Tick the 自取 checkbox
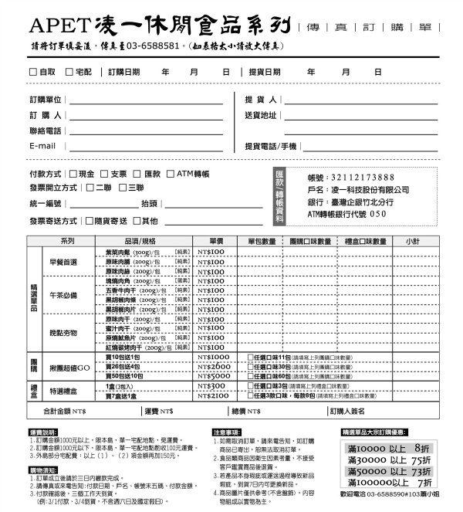point(33,72)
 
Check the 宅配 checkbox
point(69,72)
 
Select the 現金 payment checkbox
point(73,174)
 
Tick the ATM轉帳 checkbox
point(171,174)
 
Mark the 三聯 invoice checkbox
point(122,188)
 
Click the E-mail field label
point(42,146)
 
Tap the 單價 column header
point(216,241)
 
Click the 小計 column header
point(412,241)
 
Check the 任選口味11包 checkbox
point(250,358)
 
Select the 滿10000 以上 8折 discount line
point(389,448)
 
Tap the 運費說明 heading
point(42,432)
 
